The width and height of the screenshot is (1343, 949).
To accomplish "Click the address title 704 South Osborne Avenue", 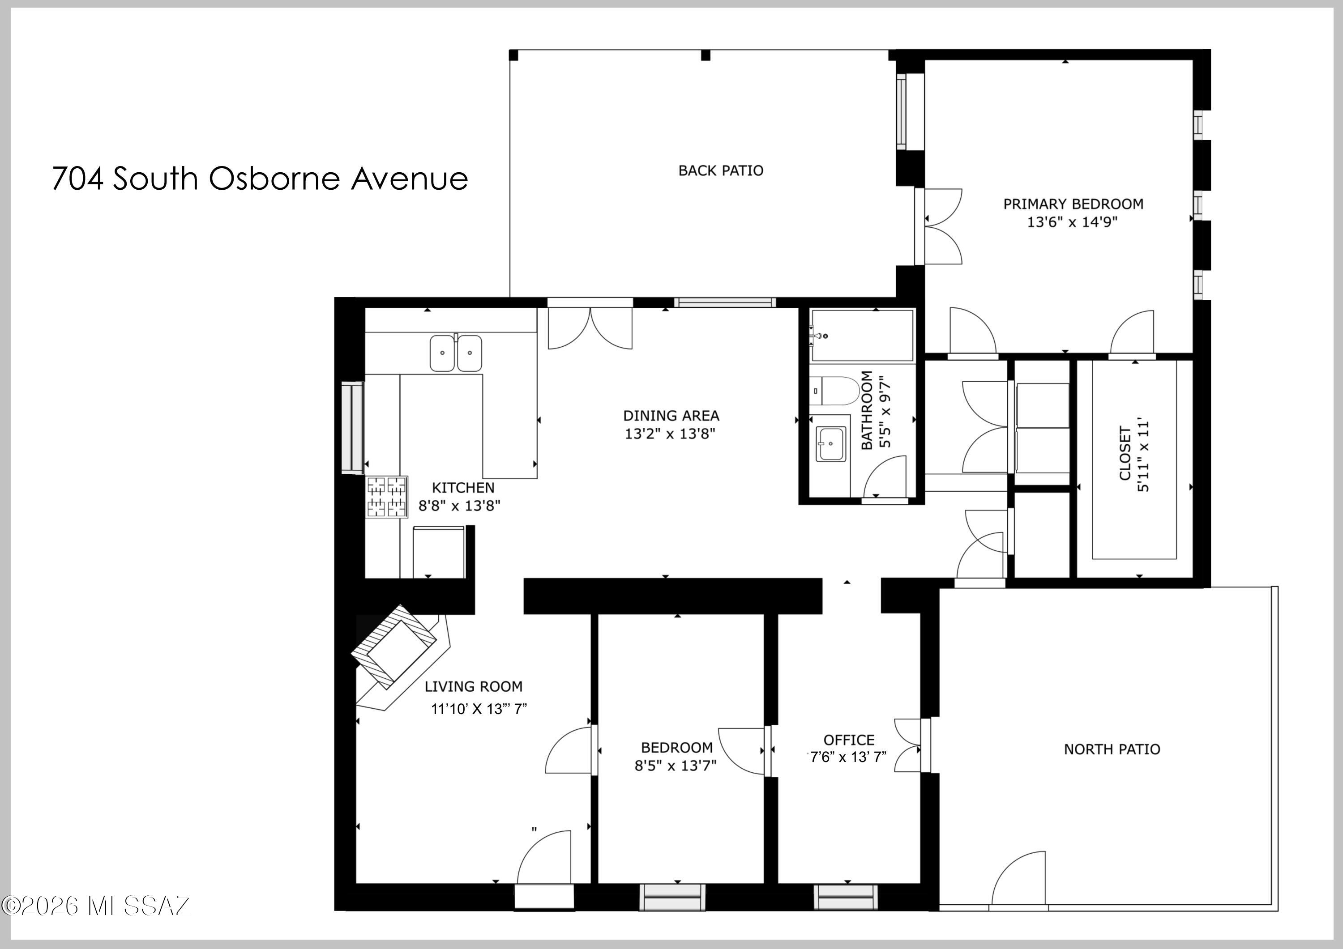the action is tap(260, 179).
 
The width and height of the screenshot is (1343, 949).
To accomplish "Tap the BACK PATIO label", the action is tap(721, 171).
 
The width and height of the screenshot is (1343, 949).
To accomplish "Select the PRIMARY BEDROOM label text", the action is tap(1074, 204).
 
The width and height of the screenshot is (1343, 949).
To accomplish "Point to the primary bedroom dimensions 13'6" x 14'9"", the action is tap(1072, 222).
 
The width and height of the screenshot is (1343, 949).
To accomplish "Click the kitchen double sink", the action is tap(456, 353).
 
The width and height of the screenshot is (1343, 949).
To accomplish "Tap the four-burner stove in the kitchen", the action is tap(387, 497).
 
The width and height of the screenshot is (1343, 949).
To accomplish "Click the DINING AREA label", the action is tap(671, 416).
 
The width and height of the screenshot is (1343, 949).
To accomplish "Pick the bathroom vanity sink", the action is tap(830, 444).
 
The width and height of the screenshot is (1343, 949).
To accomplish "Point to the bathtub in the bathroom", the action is tap(862, 336).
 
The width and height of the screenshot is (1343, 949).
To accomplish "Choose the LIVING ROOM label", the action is tap(474, 686).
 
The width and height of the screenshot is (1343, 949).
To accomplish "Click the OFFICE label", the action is tap(849, 740).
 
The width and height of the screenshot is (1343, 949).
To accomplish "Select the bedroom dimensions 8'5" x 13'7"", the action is tap(676, 766).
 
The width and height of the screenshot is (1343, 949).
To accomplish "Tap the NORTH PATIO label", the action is tap(1112, 749).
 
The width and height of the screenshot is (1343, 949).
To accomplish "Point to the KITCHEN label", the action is tap(463, 488).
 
